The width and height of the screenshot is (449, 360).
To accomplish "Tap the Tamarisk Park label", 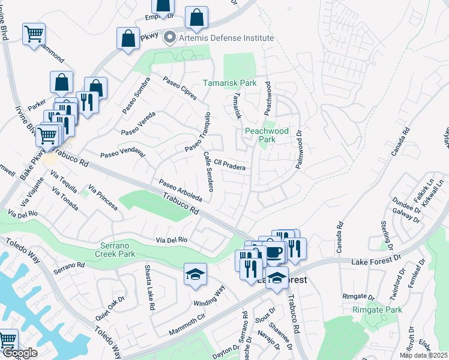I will (229, 83).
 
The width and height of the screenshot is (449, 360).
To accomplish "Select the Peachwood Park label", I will (267, 135).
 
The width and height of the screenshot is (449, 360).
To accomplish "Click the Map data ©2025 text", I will (425, 355).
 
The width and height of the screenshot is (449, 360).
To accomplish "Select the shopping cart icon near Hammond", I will (34, 34).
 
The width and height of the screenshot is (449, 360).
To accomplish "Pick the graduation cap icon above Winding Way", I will (195, 274).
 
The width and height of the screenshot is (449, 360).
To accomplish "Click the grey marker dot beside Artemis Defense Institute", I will (170, 38).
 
